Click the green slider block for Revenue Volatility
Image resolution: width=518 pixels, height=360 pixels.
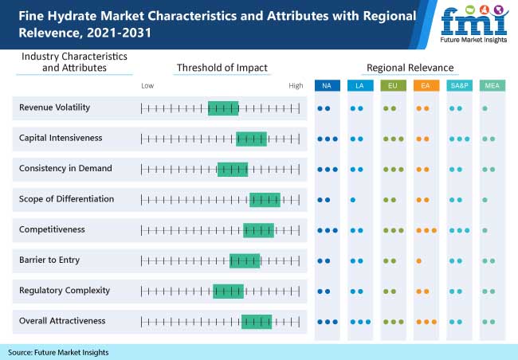pos(223,108)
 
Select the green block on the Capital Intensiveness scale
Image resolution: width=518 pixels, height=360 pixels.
pos(251,139)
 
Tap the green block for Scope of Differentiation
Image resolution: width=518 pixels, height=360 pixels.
pos(265,199)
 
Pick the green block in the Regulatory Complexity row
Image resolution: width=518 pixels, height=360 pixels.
pos(228,291)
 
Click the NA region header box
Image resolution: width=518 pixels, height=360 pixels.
pos(327,85)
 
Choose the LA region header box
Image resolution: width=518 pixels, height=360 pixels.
pos(359,85)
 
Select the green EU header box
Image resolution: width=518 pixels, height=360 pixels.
pos(392,85)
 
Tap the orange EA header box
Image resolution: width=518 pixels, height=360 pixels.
pos(426,85)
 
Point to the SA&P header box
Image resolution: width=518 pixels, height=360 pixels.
pos(458,85)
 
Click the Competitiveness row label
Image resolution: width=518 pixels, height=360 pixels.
pos(52,229)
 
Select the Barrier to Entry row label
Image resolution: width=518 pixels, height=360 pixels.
pos(49,260)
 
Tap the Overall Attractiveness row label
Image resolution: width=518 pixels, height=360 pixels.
pos(62,321)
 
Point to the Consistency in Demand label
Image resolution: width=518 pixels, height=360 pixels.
pos(65,169)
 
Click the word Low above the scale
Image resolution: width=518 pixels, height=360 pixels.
pos(147,85)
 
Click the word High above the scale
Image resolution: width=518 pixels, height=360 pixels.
pos(296,85)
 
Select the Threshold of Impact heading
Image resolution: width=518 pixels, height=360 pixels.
pos(222,68)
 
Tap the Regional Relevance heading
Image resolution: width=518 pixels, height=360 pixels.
pos(410,68)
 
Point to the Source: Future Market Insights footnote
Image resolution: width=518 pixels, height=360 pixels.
pos(58,352)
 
